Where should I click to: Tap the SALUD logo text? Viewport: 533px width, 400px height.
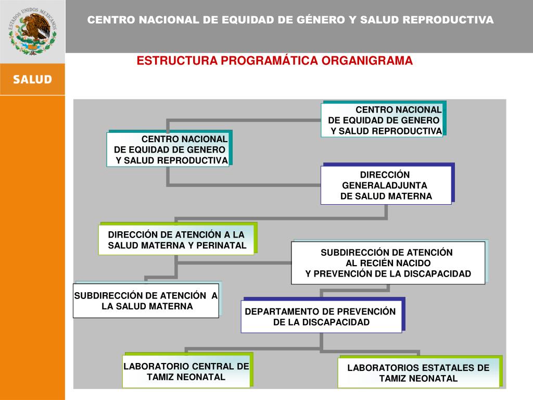click(x=32, y=80)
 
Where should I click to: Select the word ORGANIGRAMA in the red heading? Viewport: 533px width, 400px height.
click(x=367, y=61)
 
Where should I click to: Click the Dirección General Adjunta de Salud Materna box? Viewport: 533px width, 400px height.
click(x=386, y=185)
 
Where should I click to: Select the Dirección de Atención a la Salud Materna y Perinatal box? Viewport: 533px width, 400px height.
click(x=176, y=240)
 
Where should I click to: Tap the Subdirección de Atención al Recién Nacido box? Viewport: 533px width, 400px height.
click(x=388, y=263)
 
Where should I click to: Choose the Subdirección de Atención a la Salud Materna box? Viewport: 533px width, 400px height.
click(x=146, y=301)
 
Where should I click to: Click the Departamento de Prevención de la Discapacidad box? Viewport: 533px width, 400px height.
click(x=321, y=317)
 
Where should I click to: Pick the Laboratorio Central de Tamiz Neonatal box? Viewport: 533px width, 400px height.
click(x=186, y=371)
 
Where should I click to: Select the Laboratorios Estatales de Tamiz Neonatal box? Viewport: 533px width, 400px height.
click(x=418, y=373)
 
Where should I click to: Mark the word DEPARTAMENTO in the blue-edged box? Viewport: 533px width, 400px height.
click(x=281, y=311)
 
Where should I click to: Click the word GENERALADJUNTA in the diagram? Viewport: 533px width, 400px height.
click(x=385, y=185)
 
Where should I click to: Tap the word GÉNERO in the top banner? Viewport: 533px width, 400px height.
click(x=319, y=20)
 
